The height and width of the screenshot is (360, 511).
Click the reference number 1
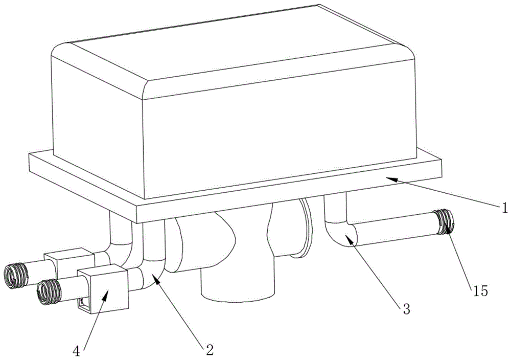[504, 207]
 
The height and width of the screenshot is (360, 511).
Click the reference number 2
[209, 350]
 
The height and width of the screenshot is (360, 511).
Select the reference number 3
[406, 309]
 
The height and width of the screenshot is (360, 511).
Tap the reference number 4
[76, 351]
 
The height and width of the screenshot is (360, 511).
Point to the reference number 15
[481, 290]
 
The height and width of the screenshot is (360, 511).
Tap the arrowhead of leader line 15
[448, 228]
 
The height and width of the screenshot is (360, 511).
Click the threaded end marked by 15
[444, 222]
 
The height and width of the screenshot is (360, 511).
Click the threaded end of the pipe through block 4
[49, 292]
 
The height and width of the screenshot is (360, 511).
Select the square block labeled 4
[103, 288]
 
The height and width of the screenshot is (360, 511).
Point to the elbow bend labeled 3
[340, 233]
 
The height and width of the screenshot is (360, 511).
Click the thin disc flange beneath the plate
[305, 228]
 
